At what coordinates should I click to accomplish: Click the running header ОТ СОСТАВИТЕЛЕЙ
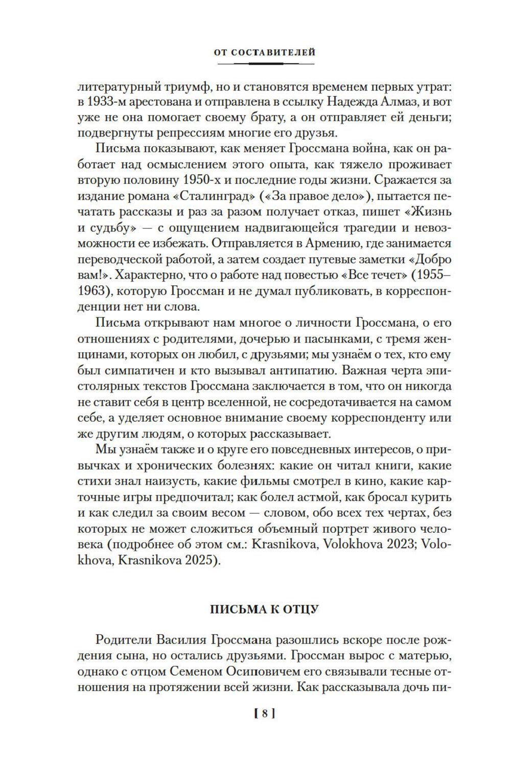pyautogui.click(x=264, y=52)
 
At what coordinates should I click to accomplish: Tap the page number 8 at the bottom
pyautogui.click(x=264, y=714)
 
